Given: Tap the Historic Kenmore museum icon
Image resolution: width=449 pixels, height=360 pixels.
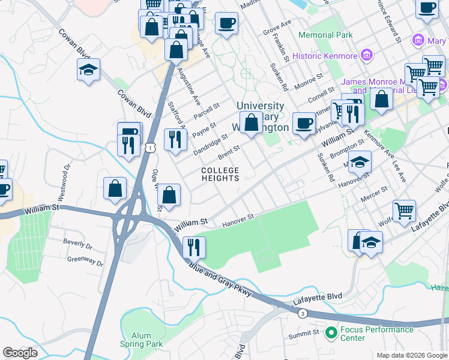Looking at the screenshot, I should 366,56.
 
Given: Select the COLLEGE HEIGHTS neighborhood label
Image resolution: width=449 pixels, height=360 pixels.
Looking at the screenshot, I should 220,174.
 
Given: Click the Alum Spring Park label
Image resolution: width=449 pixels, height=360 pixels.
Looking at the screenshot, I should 141,340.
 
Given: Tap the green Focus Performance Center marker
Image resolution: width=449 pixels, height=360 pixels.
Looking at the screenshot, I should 330,331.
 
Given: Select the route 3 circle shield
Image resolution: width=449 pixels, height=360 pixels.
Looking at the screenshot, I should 303,313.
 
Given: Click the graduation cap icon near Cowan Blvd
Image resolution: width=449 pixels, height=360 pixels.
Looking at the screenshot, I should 88,71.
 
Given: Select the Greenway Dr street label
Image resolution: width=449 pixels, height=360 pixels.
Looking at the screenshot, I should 85,261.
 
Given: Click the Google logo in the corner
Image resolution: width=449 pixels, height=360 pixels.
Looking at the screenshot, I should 20,353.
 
